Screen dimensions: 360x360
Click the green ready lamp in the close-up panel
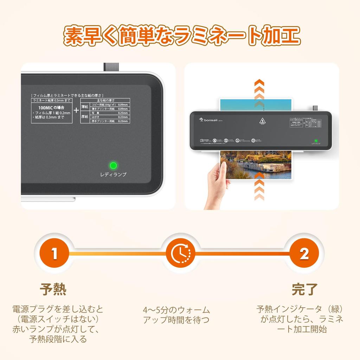click(113, 165)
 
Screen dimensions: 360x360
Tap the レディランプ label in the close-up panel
click(113, 174)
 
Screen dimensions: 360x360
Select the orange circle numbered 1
click(54, 253)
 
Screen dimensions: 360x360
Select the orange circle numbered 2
click(304, 253)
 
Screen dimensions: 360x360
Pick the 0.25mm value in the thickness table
click(123, 113)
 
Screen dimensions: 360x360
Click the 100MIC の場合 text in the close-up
click(51, 107)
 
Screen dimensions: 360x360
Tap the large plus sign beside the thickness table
click(76, 110)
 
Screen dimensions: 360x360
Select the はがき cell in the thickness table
click(96, 117)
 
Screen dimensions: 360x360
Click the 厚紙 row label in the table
click(85, 117)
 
